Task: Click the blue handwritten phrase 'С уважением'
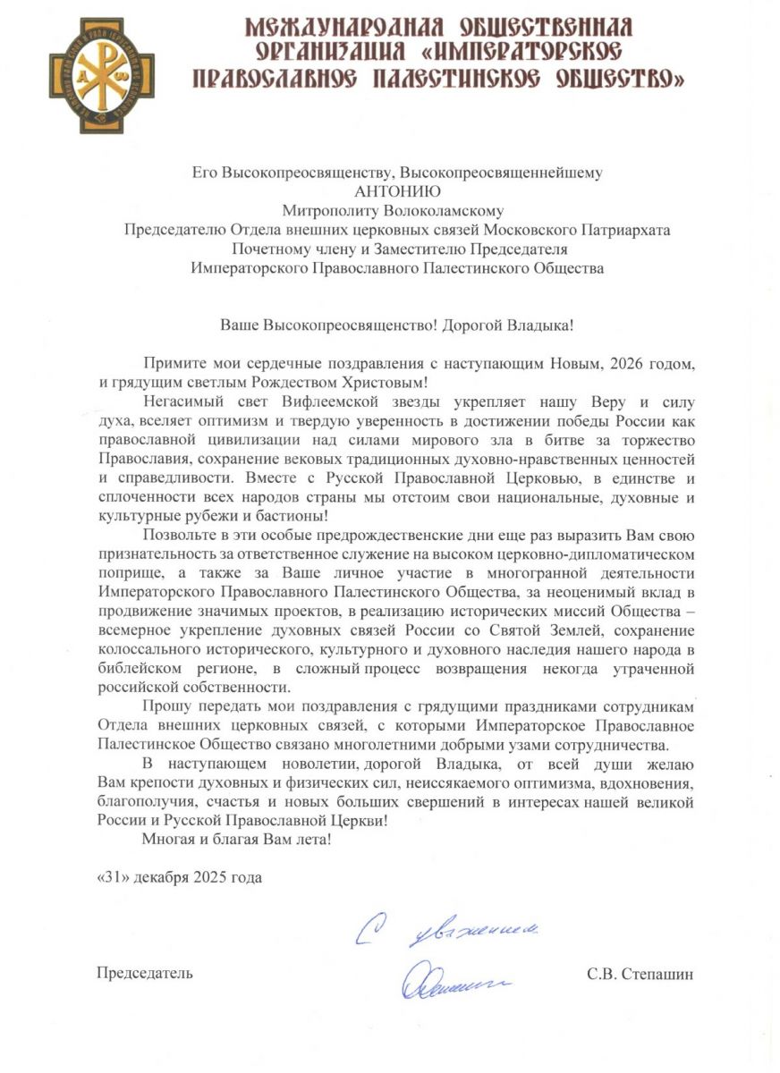[447, 934]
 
